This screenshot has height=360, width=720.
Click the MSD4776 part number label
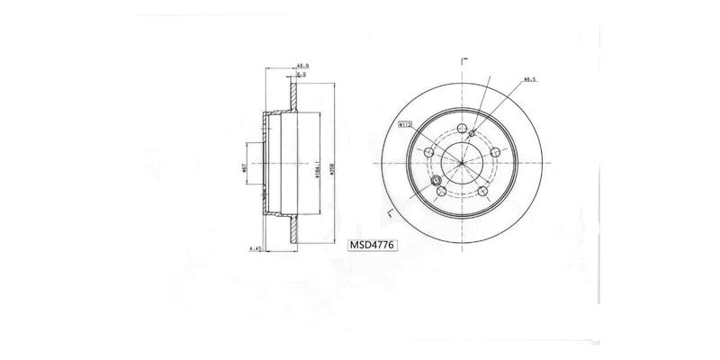[x=370, y=243]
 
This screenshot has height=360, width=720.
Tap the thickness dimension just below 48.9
[x=303, y=76]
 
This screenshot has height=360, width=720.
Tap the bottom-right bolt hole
[x=482, y=191]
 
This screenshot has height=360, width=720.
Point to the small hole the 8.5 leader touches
[x=472, y=134]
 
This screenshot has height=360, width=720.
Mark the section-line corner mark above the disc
[x=462, y=59]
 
